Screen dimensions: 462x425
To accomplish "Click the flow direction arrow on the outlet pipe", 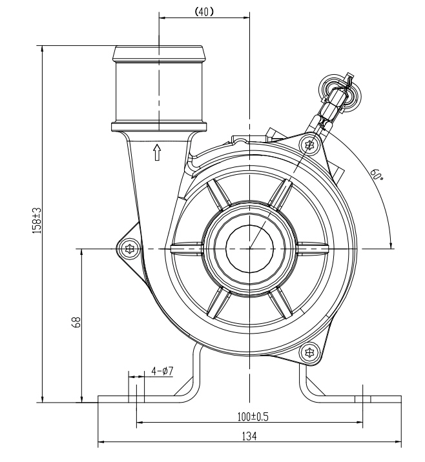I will (156, 152).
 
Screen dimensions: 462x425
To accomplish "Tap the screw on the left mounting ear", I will (131, 248).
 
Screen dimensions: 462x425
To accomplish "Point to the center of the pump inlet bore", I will (249, 248).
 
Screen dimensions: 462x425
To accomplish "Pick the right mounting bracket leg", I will (310, 381).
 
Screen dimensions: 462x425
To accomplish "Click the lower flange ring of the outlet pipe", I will (159, 125).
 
